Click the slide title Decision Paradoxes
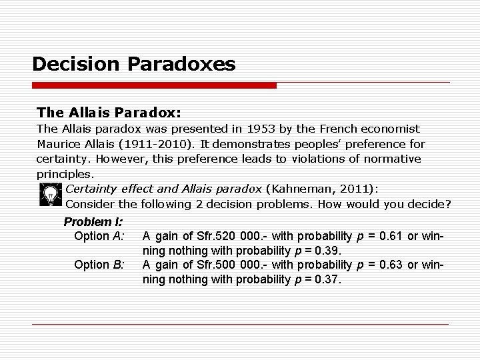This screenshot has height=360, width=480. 133,64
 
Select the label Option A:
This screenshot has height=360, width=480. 99,236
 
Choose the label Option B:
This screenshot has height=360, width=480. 99,265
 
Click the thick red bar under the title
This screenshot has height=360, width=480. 154,86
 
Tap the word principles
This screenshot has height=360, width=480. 65,174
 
